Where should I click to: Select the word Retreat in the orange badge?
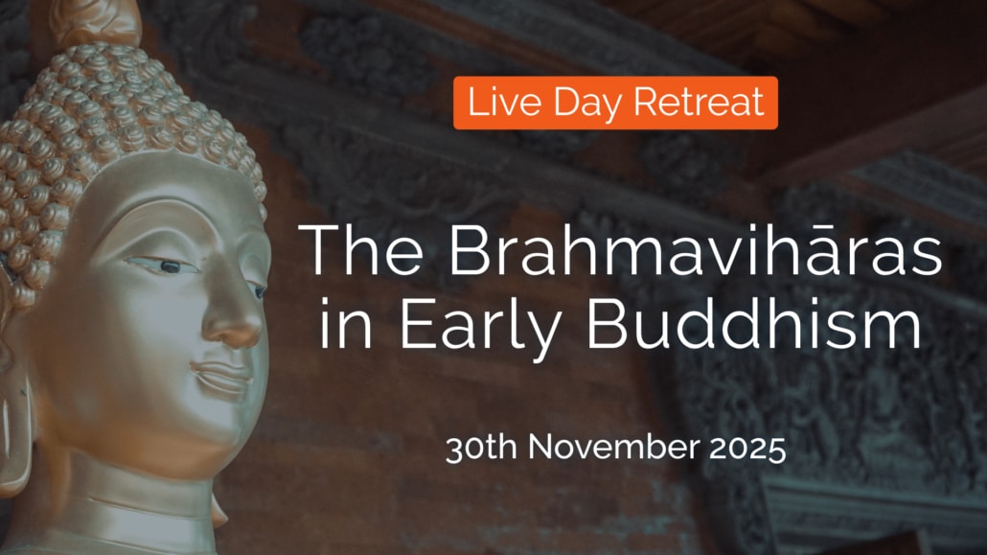[699, 102]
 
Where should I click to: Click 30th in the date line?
[481, 448]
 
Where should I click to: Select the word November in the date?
[613, 448]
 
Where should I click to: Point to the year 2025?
[747, 449]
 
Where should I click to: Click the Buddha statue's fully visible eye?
[162, 266]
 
